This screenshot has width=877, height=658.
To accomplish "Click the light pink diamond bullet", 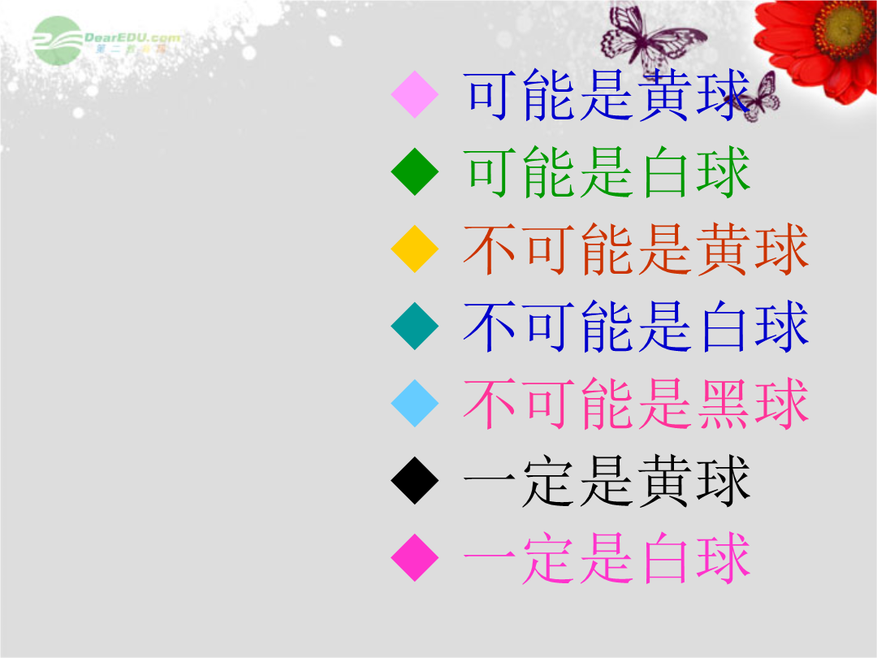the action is (414, 94).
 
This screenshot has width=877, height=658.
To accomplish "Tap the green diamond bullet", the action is (414, 171).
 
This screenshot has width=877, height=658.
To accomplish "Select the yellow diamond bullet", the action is (414, 249).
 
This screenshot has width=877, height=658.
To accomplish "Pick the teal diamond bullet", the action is (414, 326).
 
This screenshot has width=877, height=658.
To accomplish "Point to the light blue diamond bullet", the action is (414, 403).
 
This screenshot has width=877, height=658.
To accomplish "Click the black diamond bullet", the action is (414, 480).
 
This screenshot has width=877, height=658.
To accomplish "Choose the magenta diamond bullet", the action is (414, 557).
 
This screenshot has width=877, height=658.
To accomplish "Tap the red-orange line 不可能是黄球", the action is (637, 249).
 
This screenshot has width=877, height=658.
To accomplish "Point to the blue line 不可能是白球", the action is (637, 327).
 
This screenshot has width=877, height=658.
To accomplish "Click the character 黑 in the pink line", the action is (724, 404).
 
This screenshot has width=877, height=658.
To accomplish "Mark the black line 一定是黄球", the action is (607, 481).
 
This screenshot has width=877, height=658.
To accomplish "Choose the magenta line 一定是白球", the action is (607, 558).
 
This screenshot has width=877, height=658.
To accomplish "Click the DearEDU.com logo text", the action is (132, 38).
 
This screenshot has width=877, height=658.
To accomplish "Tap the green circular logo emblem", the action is (57, 41).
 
